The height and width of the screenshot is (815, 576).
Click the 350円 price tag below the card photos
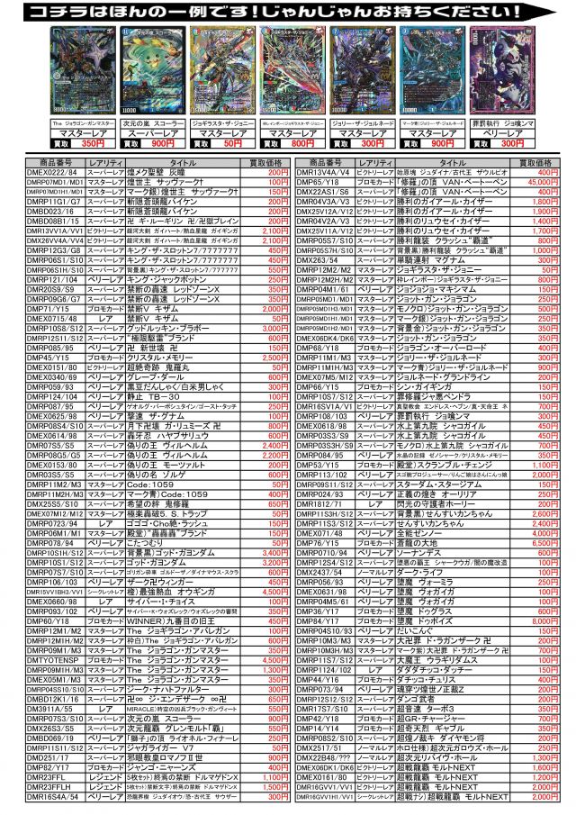(94, 143)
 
